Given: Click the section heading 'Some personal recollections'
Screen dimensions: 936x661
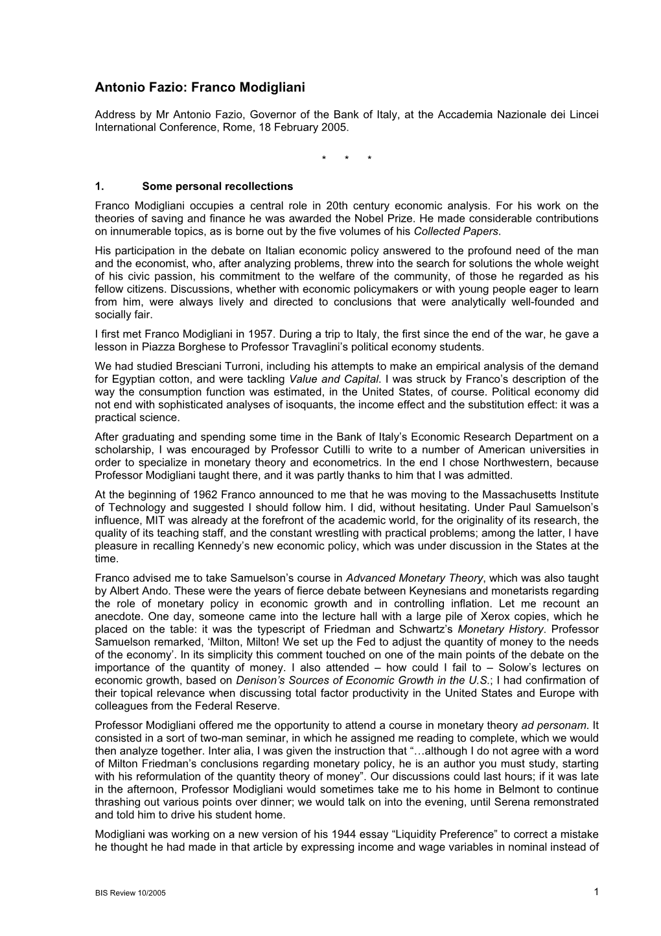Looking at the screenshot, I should coord(217,186).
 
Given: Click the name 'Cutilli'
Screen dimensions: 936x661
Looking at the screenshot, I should coord(298,450).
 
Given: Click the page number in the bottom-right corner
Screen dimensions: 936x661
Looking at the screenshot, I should coord(596,892).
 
